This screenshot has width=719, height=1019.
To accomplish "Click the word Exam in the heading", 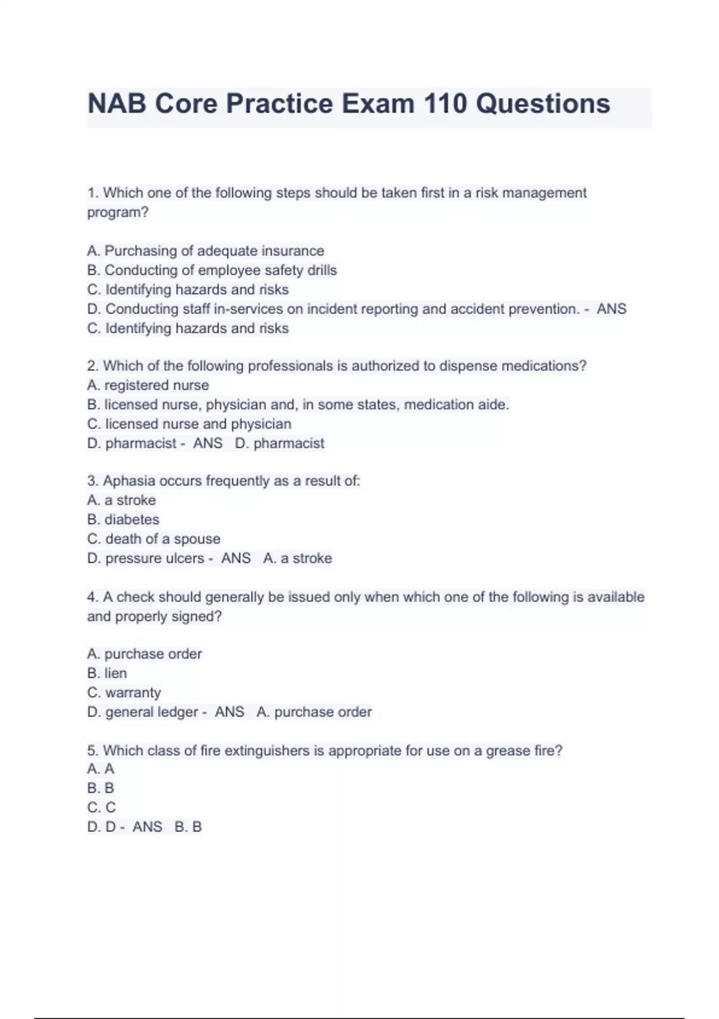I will coord(377,104).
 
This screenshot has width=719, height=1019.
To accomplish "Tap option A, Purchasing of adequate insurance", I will coord(206,251).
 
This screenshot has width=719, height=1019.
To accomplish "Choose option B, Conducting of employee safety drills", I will coord(212,270).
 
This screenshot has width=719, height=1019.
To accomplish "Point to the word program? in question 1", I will coord(117,212).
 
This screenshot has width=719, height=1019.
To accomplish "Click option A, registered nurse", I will coord(148,385).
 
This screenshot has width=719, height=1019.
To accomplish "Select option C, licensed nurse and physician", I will coord(189,424).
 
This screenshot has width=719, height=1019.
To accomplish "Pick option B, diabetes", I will coord(123,520).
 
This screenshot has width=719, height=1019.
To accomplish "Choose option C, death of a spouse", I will coord(153,539).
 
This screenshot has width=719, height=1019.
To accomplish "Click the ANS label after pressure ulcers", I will coord(235,558).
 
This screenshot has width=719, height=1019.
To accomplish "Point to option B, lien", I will coord(107,673).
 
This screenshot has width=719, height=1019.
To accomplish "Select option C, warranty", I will coord(124,692).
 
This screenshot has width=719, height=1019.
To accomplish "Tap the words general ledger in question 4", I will coord(152,712).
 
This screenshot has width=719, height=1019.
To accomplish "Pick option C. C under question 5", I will coord(101,807).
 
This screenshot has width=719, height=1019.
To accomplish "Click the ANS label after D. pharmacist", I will coord(207,444).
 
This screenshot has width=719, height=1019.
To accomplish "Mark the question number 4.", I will coord(92,597).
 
